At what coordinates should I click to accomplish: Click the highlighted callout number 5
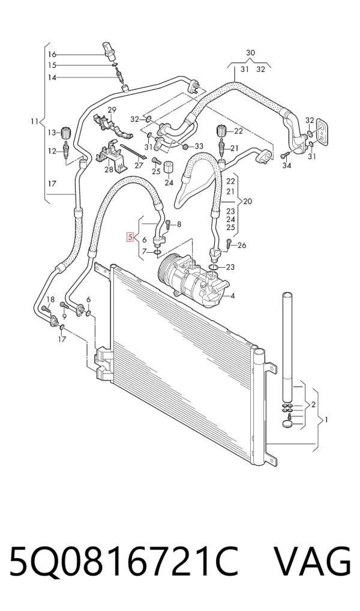click(130, 237)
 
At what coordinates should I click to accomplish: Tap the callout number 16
click(52, 54)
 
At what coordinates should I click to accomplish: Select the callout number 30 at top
click(251, 53)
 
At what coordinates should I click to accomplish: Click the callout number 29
click(112, 109)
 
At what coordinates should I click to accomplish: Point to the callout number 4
click(233, 296)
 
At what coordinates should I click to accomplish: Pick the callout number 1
click(326, 420)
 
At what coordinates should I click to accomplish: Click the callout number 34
click(287, 166)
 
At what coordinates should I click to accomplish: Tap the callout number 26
click(242, 245)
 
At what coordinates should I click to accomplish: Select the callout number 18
click(50, 299)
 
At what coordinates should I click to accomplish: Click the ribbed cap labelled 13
click(64, 133)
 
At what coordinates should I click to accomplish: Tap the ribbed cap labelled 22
click(221, 131)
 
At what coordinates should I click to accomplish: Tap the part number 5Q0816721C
click(124, 562)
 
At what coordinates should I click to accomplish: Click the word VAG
click(313, 562)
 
